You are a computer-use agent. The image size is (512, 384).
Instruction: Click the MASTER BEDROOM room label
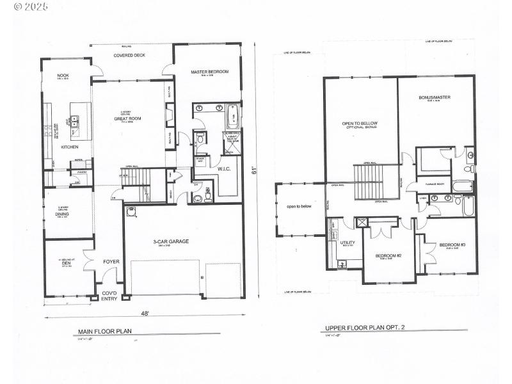click(209, 72)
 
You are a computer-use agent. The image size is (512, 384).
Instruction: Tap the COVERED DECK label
click(129, 56)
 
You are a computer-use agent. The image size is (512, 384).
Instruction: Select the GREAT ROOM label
click(127, 118)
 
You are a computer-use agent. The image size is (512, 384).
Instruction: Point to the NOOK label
click(63, 76)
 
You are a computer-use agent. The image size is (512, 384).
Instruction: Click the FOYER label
click(111, 262)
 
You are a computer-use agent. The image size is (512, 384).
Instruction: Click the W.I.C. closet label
click(224, 169)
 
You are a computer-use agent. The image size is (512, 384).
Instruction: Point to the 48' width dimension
click(145, 314)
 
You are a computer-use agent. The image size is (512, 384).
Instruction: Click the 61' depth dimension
click(254, 171)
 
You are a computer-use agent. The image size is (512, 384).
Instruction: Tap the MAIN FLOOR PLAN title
click(106, 332)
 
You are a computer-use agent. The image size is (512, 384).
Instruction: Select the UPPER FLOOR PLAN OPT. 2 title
click(365, 328)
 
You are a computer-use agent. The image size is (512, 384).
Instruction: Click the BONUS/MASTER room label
click(435, 98)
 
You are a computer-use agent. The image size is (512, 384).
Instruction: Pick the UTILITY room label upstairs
click(348, 243)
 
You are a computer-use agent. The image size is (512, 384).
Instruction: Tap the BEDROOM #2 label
click(388, 255)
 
